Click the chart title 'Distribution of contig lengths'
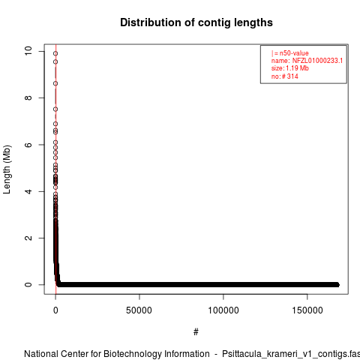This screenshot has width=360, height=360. point(196,22)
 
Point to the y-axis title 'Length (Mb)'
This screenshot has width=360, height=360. point(7,169)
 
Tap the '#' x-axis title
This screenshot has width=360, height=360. point(196,332)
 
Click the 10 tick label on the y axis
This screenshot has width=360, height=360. point(28,51)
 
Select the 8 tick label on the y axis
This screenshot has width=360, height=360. point(28,97)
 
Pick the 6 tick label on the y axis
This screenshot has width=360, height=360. point(28,145)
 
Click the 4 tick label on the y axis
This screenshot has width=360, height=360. point(28,191)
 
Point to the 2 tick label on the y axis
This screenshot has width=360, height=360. point(28,238)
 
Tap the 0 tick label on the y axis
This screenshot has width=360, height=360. point(28,285)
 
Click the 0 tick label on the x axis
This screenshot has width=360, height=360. point(55,310)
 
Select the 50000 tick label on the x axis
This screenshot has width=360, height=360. point(139,310)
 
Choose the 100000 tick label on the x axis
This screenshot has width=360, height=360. point(223,310)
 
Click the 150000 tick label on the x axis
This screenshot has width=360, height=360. point(307,310)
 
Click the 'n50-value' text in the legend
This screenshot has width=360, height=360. point(294,53)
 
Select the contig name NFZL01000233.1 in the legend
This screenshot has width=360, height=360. point(317,61)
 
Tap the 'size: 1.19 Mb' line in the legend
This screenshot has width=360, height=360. point(290,68)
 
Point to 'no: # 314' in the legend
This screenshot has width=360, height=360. point(285,76)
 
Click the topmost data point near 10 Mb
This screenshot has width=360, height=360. point(55,53)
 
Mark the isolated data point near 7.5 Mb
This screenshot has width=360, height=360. point(55,109)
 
